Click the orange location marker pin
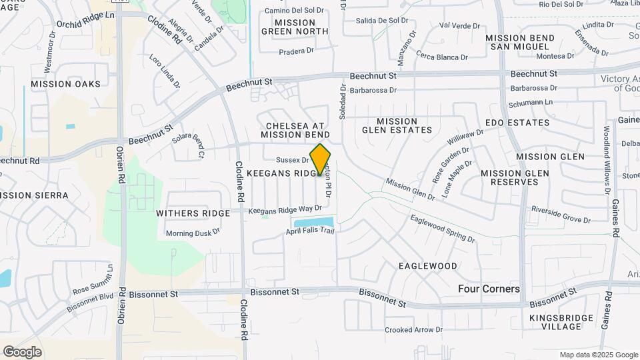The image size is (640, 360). (x=321, y=159)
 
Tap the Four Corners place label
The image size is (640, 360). (x=489, y=289)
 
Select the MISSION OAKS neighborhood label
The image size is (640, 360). (x=65, y=84)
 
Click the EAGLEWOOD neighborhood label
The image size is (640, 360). (x=428, y=265)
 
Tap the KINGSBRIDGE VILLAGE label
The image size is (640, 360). (x=556, y=322)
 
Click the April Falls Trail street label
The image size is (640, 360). (x=309, y=231)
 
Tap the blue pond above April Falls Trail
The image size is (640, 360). (x=313, y=221)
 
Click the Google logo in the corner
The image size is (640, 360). (x=22, y=351)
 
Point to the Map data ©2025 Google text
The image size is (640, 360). (x=598, y=355)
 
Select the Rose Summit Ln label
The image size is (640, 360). (x=93, y=285)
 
